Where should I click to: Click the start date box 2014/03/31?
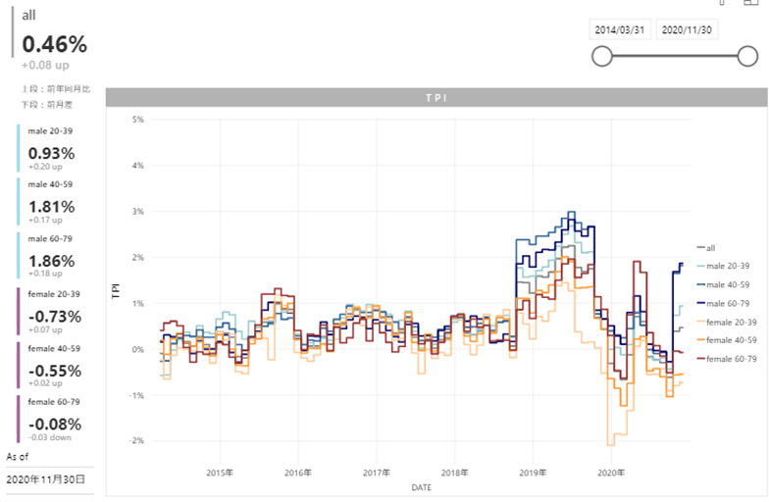pos(620,29)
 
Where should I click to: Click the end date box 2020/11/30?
pos(688,29)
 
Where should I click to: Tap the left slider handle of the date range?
pos(602,57)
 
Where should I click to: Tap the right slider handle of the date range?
pos(747,57)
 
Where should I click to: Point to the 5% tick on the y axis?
pos(138,120)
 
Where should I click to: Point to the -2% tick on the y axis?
pos(137,441)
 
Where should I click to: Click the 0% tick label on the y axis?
pos(138,349)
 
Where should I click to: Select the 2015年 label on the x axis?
pos(221,472)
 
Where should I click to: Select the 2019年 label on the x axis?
pos(533,472)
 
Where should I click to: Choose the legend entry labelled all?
pos(711,247)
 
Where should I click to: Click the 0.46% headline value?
pos(55,44)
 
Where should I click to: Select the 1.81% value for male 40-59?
pos(52,207)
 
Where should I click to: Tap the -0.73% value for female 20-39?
pos(53,316)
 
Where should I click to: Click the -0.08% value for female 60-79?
pos(53,424)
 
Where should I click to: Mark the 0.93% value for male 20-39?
pos(52,153)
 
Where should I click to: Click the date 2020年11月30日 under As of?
pos(46,479)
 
